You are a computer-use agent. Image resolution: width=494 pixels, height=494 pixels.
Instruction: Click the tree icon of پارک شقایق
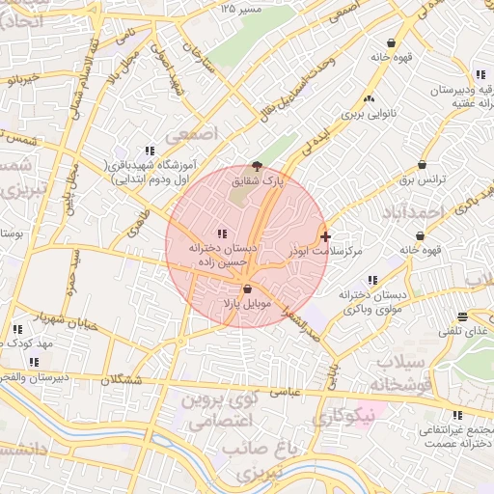tap(256, 166)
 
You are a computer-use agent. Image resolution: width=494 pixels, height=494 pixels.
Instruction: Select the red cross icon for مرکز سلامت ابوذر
tap(325, 235)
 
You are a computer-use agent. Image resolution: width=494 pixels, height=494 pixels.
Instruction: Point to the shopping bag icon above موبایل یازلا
tap(248, 288)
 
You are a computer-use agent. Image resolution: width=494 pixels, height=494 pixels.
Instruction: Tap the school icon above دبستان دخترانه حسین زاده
tap(223, 233)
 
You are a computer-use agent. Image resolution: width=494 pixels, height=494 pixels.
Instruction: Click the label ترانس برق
tap(421, 179)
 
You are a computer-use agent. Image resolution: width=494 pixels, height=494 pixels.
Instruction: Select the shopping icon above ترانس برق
tap(422, 164)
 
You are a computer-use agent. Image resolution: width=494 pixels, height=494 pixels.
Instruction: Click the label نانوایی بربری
tap(370, 113)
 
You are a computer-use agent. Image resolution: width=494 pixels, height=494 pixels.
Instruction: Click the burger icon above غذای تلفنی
tap(463, 316)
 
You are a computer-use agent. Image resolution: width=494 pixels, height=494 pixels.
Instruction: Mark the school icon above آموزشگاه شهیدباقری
tap(150, 151)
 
